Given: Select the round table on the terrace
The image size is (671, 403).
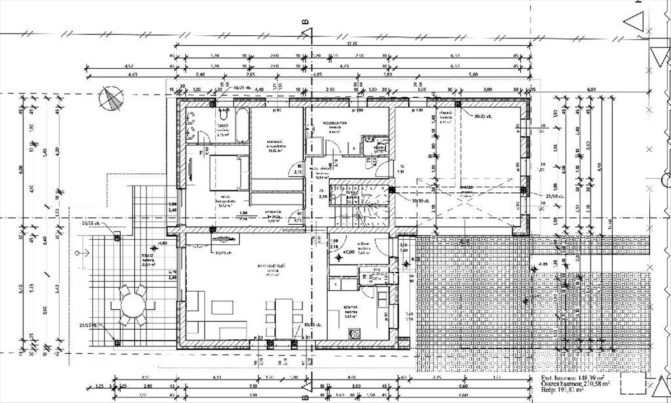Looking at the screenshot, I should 133,306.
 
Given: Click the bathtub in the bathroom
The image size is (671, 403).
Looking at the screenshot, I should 241,126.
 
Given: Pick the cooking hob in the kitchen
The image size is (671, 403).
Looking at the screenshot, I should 355,334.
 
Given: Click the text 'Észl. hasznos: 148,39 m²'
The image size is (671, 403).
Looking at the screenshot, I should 573,378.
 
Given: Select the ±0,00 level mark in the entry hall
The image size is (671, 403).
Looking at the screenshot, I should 347,253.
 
